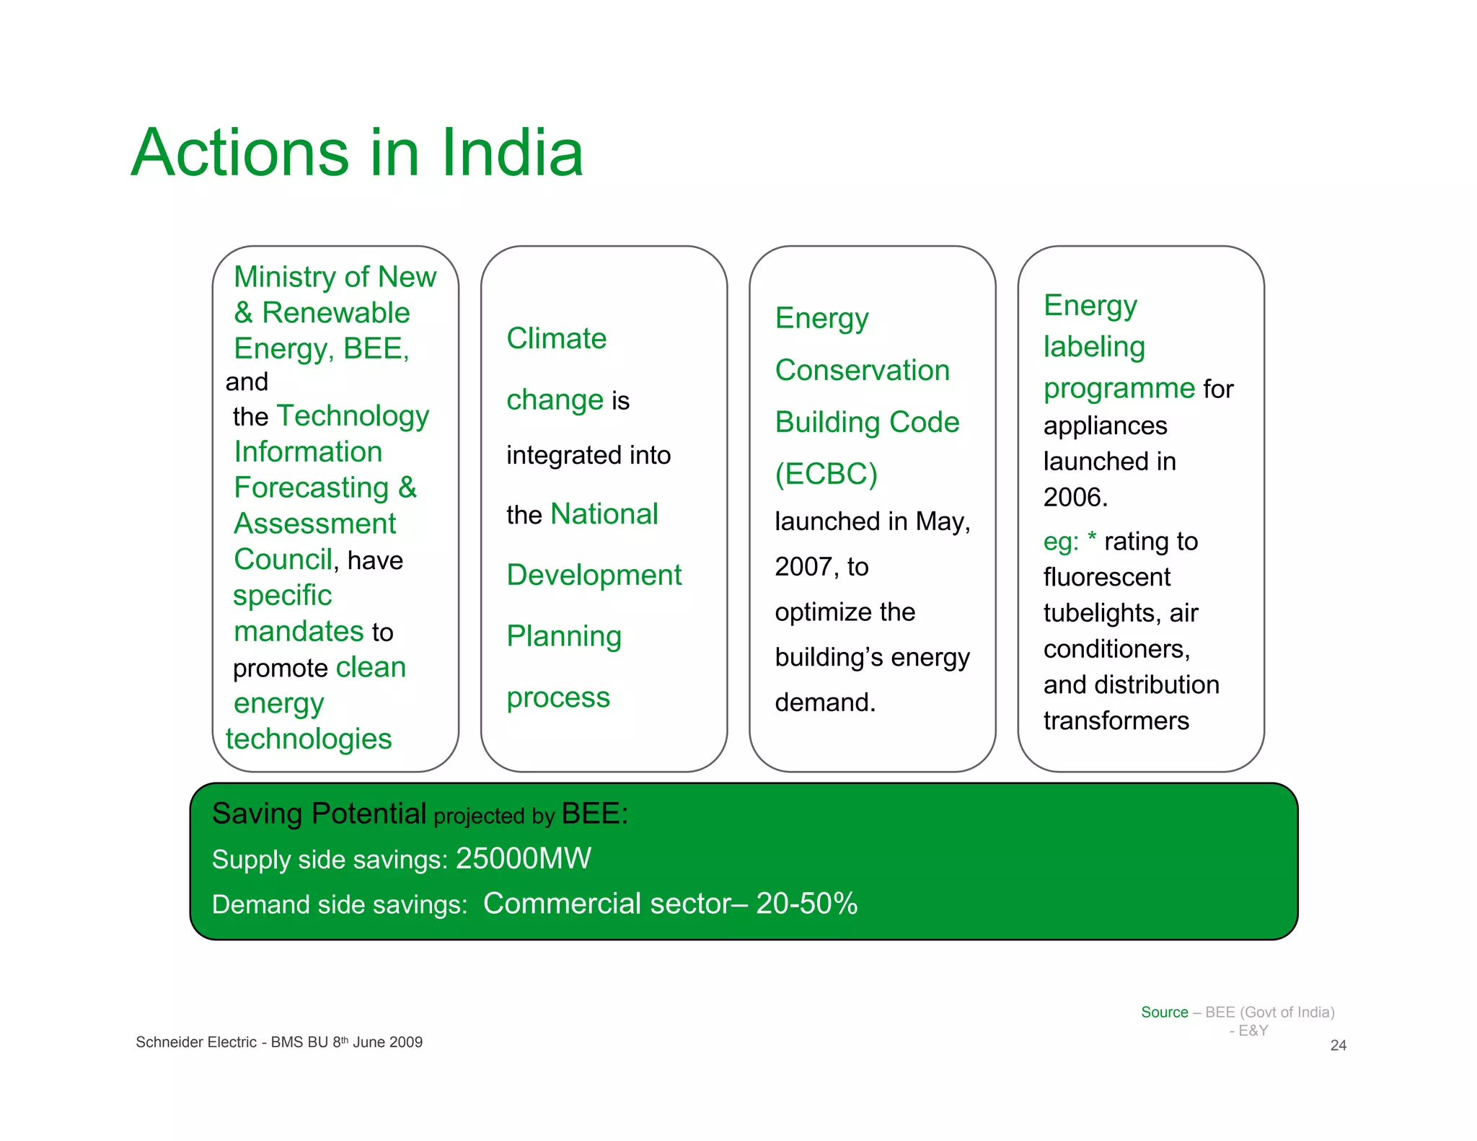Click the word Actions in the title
pos(240,153)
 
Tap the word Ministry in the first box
pos(285,277)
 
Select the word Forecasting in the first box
pos(312,488)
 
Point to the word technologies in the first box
pos(309,739)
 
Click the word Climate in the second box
pos(556,338)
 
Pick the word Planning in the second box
pos(563,637)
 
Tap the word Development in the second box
pos(594,576)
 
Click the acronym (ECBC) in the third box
pos(826,475)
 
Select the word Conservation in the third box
pos(862,371)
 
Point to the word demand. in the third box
pos(825,702)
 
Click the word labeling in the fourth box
pos(1094,347)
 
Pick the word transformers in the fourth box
pos(1116,721)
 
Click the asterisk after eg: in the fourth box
pos(1092,538)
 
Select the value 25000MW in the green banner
pos(523,859)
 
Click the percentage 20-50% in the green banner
pos(806,904)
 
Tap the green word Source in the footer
pos(1164,1013)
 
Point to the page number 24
pos(1338,1046)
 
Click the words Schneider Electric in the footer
pos(195,1043)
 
